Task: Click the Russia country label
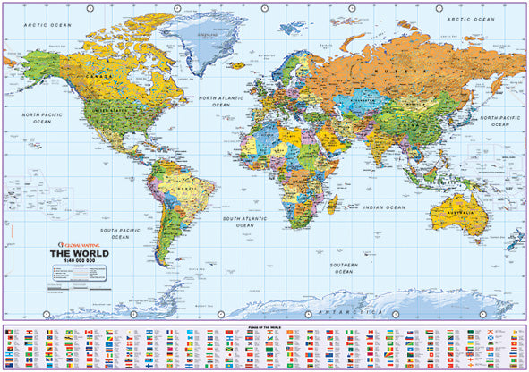(406, 70)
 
